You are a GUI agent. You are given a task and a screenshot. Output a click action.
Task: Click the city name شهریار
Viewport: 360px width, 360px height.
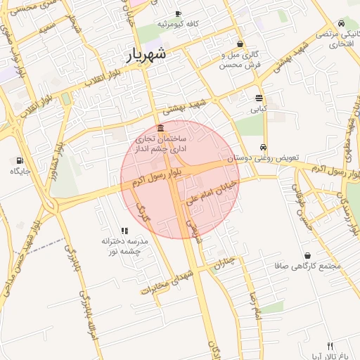(148, 55)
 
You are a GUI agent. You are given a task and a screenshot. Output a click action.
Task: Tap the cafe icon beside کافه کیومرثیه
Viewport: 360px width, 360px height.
(177, 14)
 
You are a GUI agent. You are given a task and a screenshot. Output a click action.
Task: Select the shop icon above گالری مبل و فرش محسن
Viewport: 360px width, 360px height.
(240, 44)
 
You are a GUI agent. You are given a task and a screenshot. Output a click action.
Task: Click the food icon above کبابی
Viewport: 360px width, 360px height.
(259, 98)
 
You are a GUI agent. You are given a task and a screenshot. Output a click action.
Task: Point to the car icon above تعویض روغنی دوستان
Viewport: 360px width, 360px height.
(263, 148)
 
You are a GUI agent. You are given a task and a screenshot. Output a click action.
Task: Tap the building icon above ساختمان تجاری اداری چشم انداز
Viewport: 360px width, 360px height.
(162, 128)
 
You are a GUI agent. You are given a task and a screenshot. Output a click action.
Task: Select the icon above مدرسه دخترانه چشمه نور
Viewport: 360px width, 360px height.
(124, 230)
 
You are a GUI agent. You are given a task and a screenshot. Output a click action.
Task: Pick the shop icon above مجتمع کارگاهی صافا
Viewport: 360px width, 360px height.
(307, 256)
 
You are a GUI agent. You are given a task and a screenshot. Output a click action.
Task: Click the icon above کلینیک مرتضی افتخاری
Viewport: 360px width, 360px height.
(341, 22)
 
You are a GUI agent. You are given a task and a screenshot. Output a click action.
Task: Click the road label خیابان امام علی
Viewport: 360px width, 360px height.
(212, 192)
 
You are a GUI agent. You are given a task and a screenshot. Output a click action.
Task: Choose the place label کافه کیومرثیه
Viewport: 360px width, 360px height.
(178, 25)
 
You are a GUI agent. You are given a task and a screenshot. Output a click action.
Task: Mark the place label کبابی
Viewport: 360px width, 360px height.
(259, 109)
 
